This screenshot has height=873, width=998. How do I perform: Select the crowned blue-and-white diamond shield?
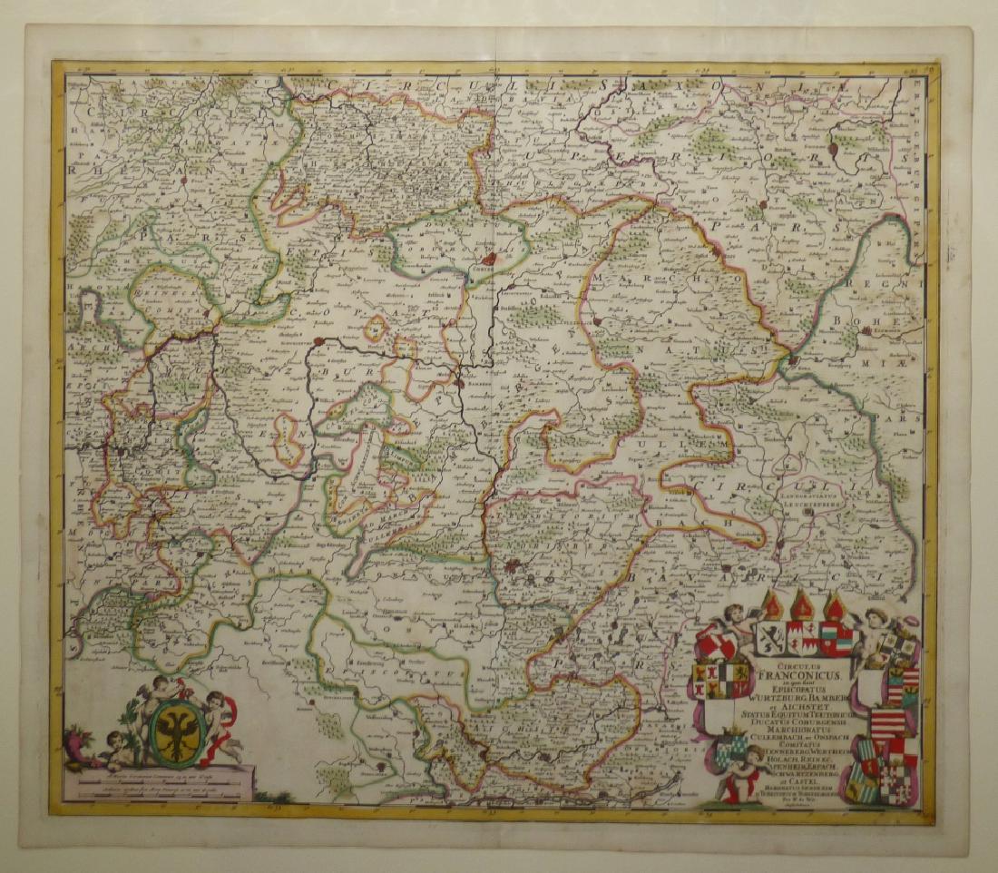732,751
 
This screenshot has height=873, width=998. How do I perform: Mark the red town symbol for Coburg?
488,258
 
